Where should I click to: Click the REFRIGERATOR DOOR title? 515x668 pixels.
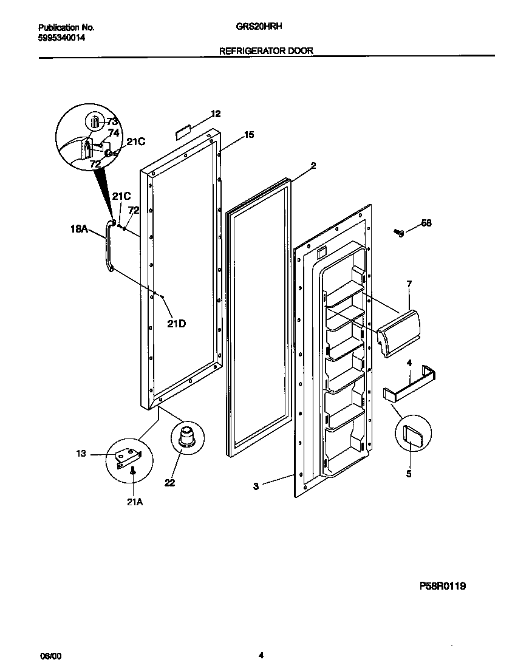pos(266,52)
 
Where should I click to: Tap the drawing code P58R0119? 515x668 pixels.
pos(443,586)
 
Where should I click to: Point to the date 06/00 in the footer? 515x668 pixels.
pos(50,656)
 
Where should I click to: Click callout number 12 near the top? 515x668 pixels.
pos(216,114)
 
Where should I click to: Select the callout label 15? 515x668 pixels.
pos(249,135)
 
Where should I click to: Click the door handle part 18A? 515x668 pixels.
pos(109,246)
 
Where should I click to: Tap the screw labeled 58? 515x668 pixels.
pos(399,232)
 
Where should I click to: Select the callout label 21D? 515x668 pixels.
pos(176,324)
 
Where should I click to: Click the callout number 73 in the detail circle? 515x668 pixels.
pos(112,121)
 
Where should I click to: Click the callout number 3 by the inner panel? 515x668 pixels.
pos(256,486)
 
